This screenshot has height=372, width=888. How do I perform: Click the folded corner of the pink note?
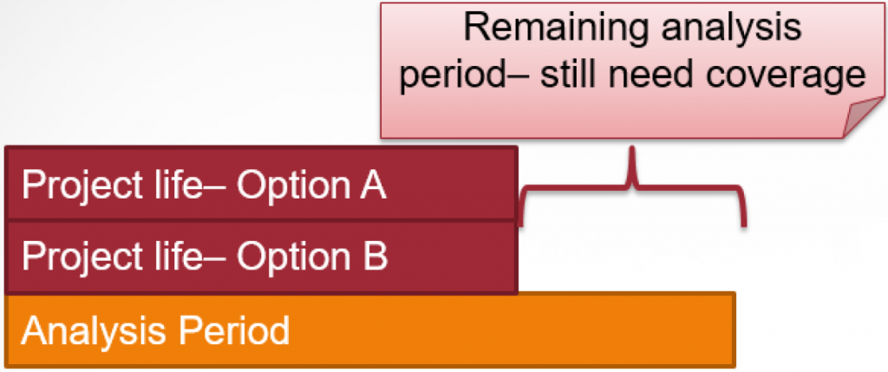pos(864,117)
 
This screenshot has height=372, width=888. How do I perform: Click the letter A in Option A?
pos(373,185)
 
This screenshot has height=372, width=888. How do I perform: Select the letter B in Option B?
pos(375,257)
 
